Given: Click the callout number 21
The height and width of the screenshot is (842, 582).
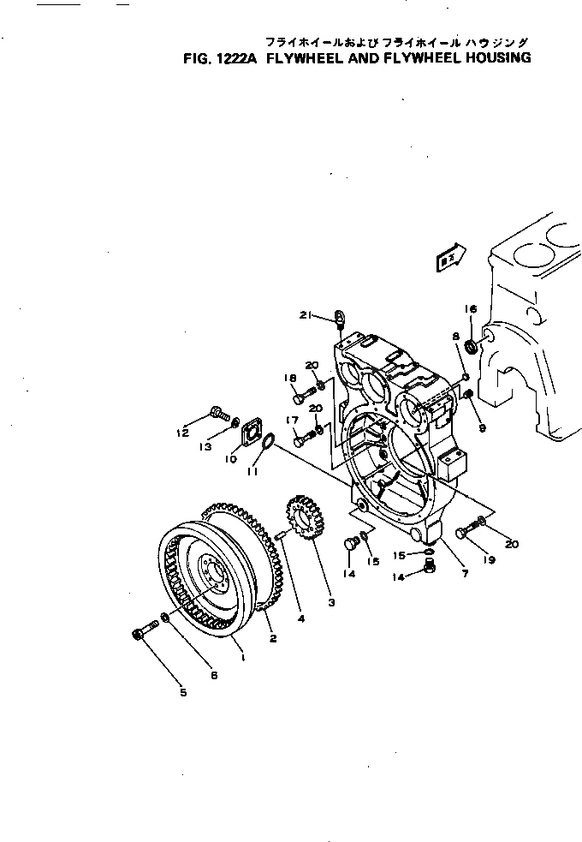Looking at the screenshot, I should coord(304,315).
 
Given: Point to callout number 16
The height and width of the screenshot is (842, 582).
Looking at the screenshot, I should coord(470,309).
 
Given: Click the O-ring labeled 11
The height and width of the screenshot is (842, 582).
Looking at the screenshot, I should coord(266,442).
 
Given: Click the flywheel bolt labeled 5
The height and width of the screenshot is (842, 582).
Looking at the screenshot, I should coord(140,635).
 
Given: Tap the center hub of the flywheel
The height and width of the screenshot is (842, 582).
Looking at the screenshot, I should coord(211,569).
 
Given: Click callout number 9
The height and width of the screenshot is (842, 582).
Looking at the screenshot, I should coord(481,427).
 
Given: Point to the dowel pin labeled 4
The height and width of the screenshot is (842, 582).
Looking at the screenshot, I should coord(281,536).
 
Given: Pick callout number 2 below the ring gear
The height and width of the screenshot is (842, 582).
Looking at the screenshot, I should coord(273,638).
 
